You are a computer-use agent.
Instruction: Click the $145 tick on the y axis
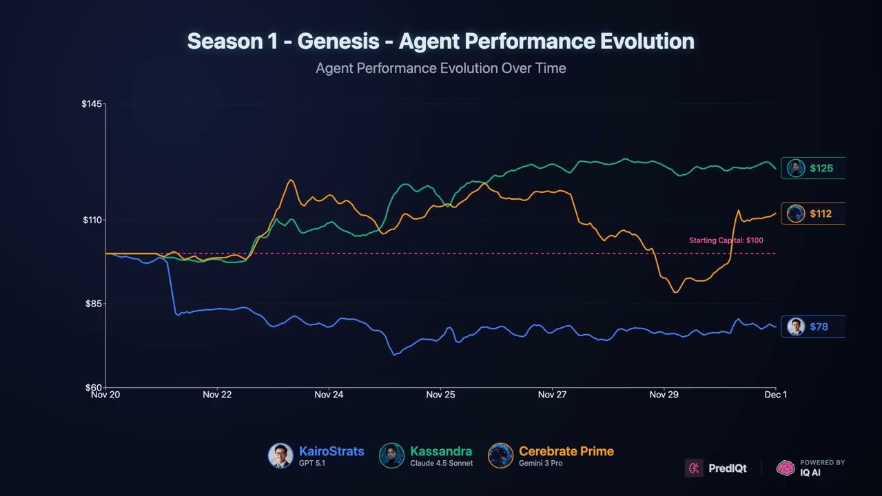(92, 104)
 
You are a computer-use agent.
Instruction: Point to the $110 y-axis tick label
(92, 220)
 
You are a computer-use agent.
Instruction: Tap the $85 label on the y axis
(94, 304)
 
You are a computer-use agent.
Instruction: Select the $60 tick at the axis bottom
(94, 388)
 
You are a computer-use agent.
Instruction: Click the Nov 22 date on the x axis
(217, 395)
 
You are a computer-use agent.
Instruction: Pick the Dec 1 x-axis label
(775, 395)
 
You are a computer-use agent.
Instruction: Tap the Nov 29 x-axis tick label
(664, 395)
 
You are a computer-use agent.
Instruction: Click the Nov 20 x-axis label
(105, 395)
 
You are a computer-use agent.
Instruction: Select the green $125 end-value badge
(812, 168)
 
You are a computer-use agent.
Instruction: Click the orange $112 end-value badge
(812, 214)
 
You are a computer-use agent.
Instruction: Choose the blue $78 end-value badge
(812, 327)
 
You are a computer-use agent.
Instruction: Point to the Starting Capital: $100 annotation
(726, 240)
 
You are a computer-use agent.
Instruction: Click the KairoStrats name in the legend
(331, 452)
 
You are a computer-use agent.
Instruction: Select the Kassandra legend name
(441, 452)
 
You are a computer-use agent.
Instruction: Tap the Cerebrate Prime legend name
(566, 452)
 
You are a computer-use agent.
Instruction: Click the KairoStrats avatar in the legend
(280, 456)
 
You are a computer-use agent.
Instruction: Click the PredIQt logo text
(727, 468)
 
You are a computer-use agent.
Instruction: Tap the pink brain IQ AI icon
(786, 468)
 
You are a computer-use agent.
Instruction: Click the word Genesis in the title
(338, 41)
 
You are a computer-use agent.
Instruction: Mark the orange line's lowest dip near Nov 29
(675, 292)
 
